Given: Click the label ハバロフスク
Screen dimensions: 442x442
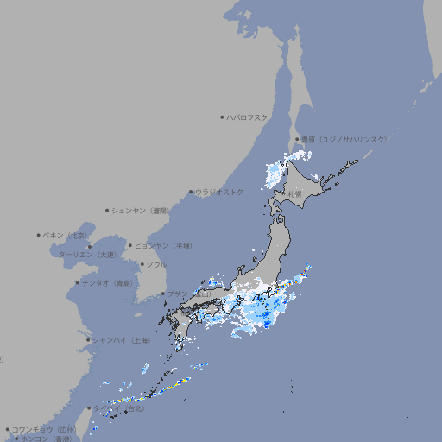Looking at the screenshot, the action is pyautogui.click(x=248, y=117).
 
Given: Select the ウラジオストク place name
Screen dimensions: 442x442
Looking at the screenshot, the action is pyautogui.click(x=219, y=192).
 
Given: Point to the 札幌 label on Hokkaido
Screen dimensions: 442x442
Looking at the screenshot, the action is pyautogui.click(x=295, y=194).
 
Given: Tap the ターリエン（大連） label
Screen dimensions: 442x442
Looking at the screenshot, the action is pyautogui.click(x=86, y=255).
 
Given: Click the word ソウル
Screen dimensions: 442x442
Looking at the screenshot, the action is pyautogui.click(x=156, y=264).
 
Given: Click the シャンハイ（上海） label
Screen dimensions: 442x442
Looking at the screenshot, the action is pyautogui.click(x=121, y=340).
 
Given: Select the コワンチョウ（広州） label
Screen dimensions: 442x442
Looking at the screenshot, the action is pyautogui.click(x=44, y=429).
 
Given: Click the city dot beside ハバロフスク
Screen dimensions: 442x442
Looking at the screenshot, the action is pyautogui.click(x=222, y=117).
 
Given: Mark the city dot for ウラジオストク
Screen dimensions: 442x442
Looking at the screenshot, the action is pyautogui.click(x=191, y=192).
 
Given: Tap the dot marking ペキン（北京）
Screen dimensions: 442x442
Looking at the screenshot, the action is pyautogui.click(x=39, y=235).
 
